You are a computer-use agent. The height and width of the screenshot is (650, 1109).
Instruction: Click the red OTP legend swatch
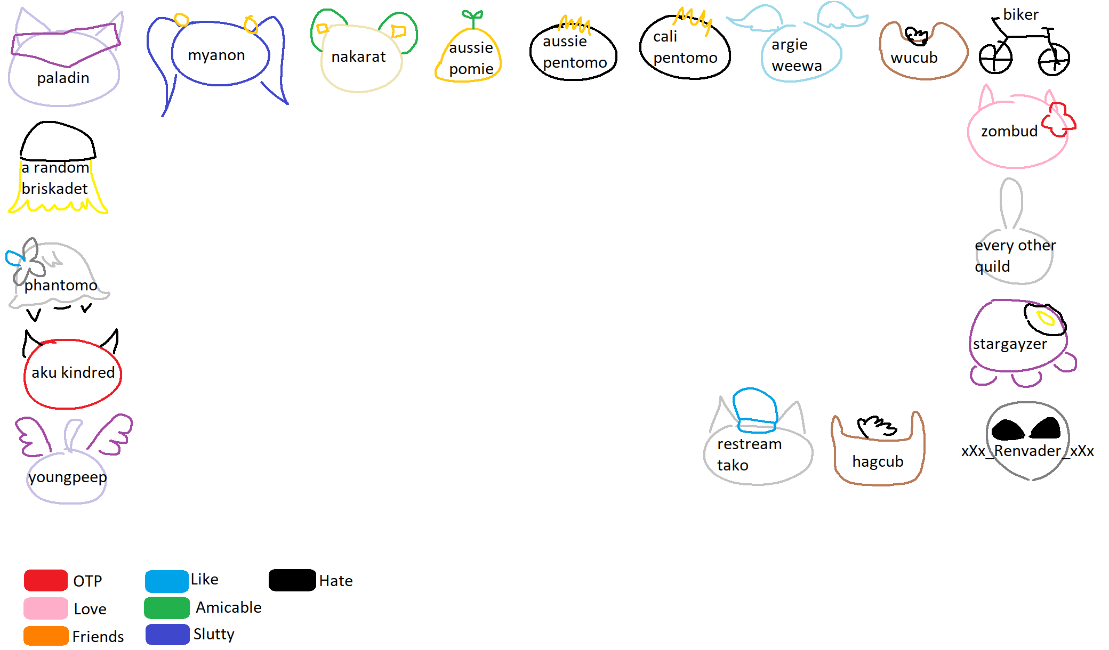coord(46,580)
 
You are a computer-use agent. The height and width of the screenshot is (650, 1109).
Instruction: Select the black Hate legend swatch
coord(292,580)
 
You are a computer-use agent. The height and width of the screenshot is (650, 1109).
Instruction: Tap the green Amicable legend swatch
coord(167,608)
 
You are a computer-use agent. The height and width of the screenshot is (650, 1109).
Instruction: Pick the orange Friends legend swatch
coord(46,636)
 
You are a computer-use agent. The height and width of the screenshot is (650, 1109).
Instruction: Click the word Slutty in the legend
coord(214,634)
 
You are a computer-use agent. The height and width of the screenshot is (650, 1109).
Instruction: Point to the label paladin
coord(63,78)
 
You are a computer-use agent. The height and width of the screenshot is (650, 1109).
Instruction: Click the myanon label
coord(216,55)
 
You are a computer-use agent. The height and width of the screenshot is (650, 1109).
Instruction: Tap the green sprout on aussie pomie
coord(472,19)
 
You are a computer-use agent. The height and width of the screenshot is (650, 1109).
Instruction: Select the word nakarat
coord(358,56)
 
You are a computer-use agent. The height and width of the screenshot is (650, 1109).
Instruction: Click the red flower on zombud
coord(1059,120)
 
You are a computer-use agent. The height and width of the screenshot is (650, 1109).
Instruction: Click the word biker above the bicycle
coord(1020,14)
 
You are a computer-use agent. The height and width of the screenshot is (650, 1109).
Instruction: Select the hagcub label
coord(878,461)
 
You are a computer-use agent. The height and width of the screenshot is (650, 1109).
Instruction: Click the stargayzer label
coord(1010,344)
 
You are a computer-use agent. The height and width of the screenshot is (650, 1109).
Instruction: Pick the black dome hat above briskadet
coord(58,141)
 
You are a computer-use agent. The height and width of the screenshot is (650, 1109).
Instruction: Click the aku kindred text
coord(73,372)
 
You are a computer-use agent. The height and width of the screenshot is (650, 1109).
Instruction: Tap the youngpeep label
coord(68,477)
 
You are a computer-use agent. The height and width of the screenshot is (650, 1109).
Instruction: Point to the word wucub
coord(914,58)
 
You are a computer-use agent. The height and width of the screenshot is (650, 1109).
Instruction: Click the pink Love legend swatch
coord(46,608)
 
